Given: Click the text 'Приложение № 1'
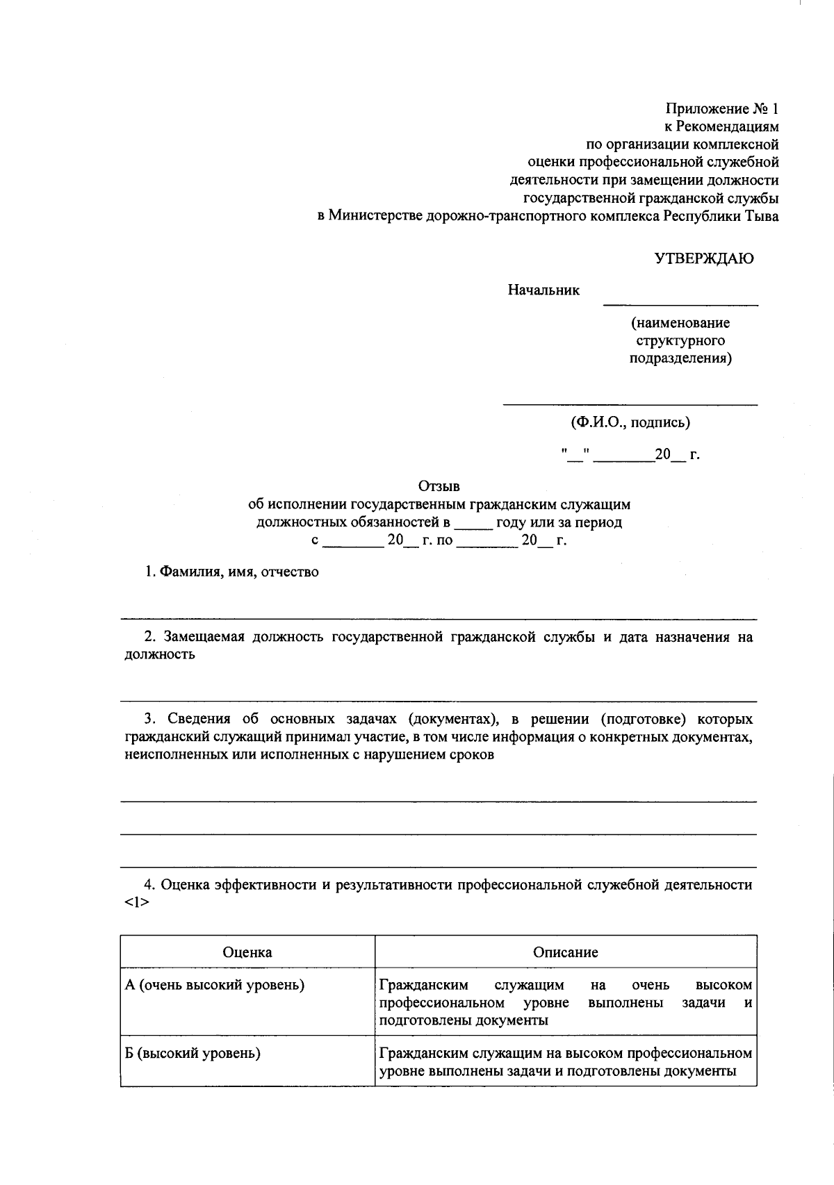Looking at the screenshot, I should (x=722, y=109).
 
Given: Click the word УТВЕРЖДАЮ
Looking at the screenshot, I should (x=703, y=259).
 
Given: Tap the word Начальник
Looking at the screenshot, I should (x=543, y=290).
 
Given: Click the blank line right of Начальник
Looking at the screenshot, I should (x=680, y=302).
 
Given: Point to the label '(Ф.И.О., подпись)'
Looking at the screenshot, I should (x=630, y=422).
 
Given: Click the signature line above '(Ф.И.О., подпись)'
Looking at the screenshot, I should (x=630, y=403).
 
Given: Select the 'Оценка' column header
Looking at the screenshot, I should (x=247, y=952).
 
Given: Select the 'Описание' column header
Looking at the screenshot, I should (x=565, y=952).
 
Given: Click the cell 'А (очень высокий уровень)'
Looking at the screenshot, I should (x=215, y=985).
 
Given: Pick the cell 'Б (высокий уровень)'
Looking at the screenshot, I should (x=193, y=1053).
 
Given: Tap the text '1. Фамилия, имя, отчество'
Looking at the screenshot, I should (x=231, y=572).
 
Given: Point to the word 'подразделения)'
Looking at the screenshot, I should (x=680, y=359).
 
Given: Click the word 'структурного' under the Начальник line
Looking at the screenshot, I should (x=680, y=341).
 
